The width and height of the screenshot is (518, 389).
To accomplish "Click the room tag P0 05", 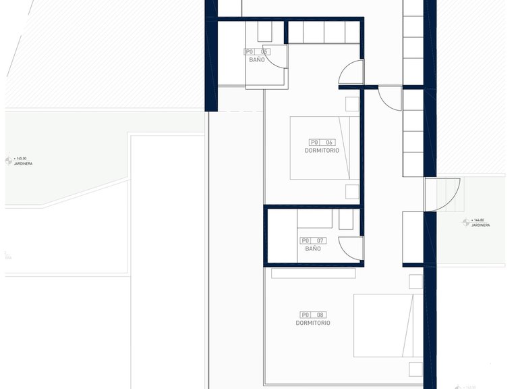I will click(256, 51).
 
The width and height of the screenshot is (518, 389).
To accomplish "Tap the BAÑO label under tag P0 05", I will click(256, 60).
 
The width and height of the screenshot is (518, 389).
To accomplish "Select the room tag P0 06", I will click(322, 142).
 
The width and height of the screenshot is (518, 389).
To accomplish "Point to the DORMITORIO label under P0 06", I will click(322, 151).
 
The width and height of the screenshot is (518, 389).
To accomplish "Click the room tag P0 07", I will click(313, 240).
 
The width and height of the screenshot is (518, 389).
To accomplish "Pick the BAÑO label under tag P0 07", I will click(313, 249).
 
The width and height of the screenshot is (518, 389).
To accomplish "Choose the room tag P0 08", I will click(313, 315).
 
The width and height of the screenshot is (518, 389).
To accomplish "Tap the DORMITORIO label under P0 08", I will click(313, 323).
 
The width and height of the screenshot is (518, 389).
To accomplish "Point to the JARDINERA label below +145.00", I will click(24, 163).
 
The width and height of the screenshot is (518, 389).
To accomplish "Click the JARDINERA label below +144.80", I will click(481, 225).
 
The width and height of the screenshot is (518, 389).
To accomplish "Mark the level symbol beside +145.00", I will click(9, 161).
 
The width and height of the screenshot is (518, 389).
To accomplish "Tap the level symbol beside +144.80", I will click(465, 222).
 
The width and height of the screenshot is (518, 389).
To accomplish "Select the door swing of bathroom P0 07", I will click(350, 247).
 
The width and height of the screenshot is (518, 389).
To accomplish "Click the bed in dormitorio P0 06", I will click(324, 148).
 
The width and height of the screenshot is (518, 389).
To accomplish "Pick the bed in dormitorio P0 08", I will click(383, 326).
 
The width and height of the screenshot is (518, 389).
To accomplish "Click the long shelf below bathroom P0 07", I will click(313, 274).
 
